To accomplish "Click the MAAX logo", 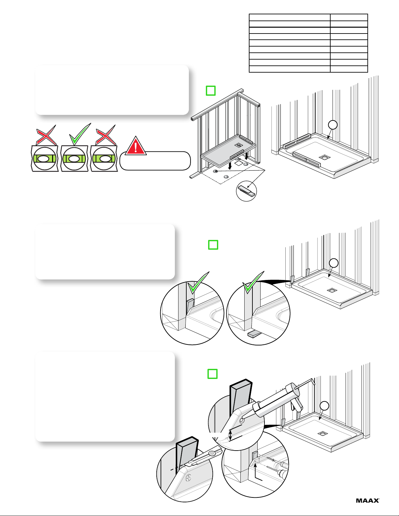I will pos(367,500).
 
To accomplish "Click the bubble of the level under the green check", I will pos(74,159).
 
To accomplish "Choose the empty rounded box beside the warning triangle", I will pos(155,161).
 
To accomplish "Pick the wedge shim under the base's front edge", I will pos(255,334).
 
